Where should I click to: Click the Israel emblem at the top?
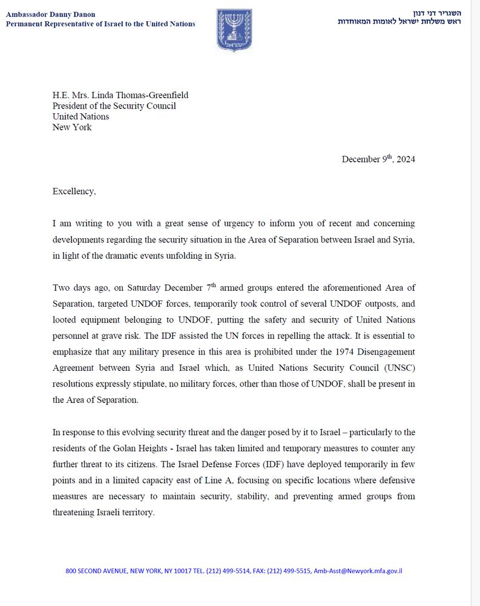point(234,30)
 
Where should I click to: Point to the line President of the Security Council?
point(114,105)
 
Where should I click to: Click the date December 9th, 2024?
point(378,159)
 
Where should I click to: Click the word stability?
point(267,496)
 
